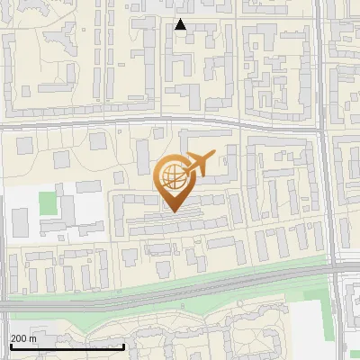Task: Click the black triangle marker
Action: pyautogui.click(x=181, y=24)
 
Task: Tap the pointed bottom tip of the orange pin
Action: pyautogui.click(x=171, y=211)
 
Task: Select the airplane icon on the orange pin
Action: pyautogui.click(x=200, y=164)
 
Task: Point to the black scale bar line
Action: pyautogui.click(x=67, y=347)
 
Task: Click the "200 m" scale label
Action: pyautogui.click(x=23, y=338)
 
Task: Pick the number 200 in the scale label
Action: pyautogui.click(x=18, y=338)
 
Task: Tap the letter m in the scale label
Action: pyautogui.click(x=32, y=338)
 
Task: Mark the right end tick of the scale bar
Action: pyautogui.click(x=124, y=346)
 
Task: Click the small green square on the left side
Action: pyautogui.click(x=48, y=202)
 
